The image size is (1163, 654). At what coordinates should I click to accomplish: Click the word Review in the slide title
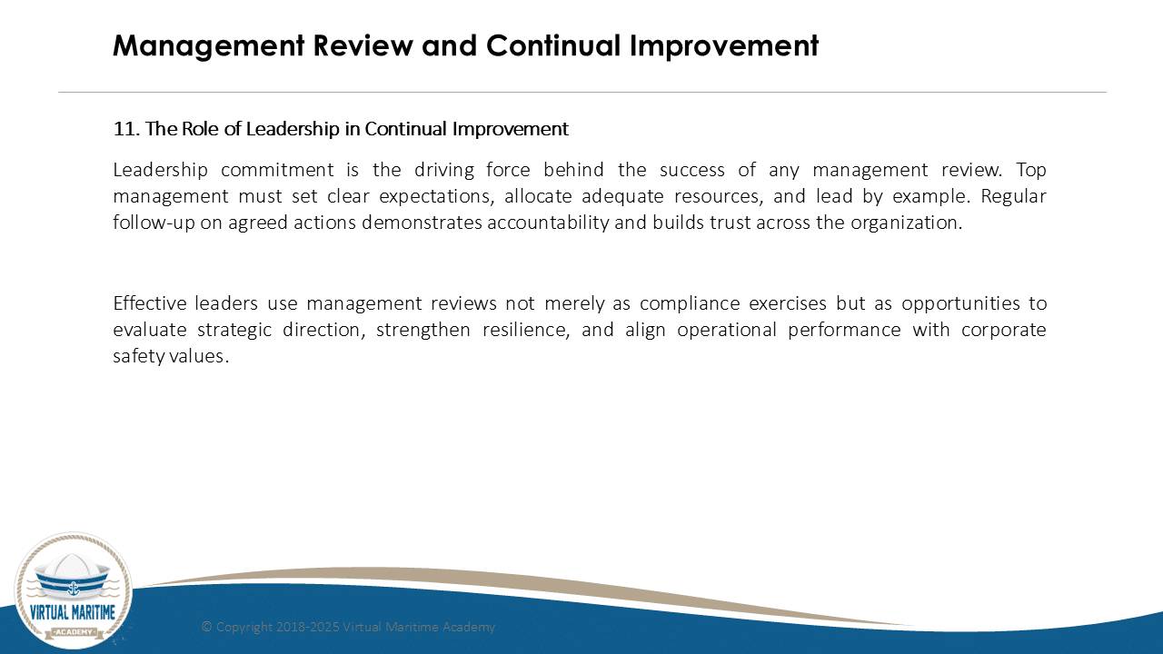pos(363,45)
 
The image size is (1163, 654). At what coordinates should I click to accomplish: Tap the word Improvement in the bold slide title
pos(724,46)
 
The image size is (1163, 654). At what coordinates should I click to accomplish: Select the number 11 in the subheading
pos(124,129)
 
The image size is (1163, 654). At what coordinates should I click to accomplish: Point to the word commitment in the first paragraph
pos(277,170)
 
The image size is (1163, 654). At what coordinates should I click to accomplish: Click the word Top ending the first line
pos(1031,171)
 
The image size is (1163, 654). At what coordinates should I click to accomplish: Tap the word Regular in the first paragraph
pos(1013,197)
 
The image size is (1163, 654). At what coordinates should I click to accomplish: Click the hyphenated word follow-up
pos(154,223)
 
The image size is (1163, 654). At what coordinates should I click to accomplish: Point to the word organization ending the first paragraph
pos(907,223)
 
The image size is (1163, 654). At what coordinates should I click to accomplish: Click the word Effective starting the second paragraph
pos(150,303)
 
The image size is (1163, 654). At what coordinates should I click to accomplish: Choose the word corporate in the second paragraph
pos(1004,331)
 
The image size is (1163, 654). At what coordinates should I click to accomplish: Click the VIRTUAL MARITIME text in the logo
pos(73,612)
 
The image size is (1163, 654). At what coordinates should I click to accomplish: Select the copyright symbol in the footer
pos(206,627)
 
